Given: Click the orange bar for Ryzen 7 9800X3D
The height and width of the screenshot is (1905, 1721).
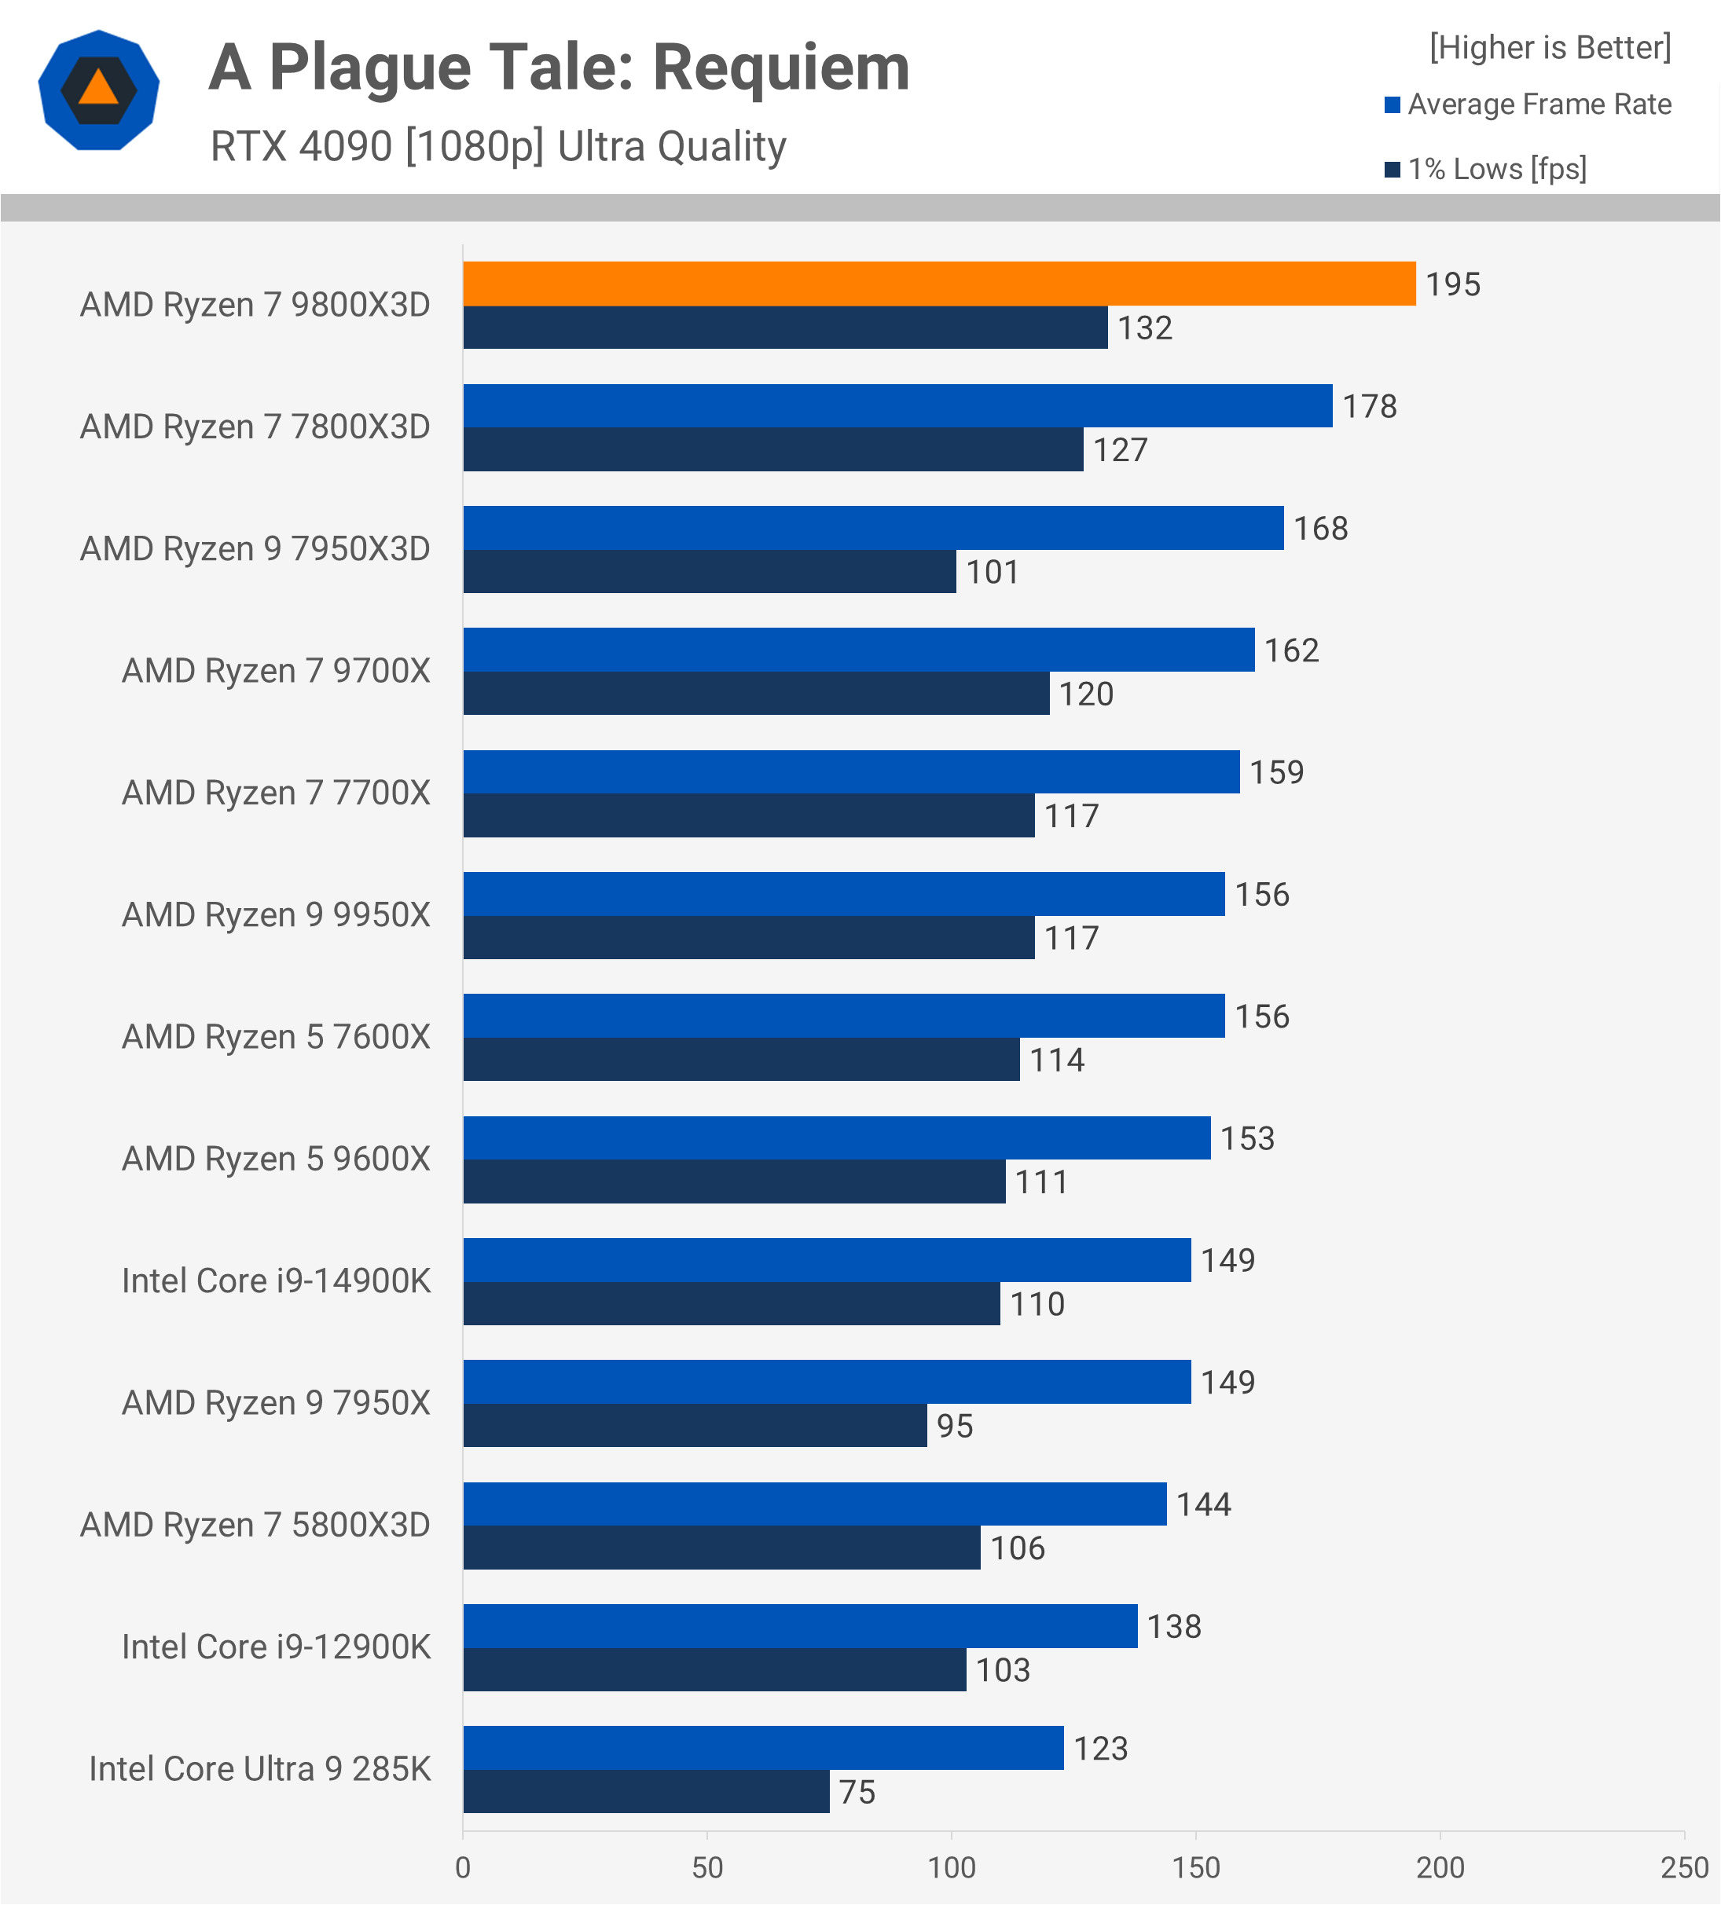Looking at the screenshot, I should [938, 284].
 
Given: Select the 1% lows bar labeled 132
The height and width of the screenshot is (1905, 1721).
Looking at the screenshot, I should [784, 328].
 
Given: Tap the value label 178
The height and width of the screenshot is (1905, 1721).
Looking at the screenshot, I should [1370, 406].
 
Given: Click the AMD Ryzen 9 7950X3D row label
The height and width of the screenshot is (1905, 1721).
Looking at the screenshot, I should [255, 549].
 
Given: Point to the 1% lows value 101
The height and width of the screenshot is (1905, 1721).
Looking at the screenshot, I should [993, 573].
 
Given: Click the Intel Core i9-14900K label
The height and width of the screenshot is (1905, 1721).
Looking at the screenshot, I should [276, 1281].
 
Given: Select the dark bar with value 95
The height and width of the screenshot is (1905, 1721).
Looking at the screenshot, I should [695, 1426].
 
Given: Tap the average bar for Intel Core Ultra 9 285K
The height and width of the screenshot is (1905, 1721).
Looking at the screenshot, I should [763, 1748].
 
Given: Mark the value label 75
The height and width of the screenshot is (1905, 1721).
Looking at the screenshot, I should [857, 1793].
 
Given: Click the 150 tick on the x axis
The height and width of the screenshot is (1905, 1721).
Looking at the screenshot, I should [1195, 1868].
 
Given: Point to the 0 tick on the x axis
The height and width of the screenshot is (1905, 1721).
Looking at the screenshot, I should [463, 1868].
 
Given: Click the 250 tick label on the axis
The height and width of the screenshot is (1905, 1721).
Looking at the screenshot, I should [1684, 1868].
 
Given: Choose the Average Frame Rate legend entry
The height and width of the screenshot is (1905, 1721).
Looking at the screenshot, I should [1539, 104].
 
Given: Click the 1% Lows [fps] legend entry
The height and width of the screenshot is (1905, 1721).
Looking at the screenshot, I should [1496, 169].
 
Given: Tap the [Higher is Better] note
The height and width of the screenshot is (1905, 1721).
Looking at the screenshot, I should [1550, 47].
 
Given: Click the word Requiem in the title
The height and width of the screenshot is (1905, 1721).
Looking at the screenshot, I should [780, 68].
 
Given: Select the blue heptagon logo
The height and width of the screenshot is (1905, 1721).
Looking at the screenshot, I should [98, 90].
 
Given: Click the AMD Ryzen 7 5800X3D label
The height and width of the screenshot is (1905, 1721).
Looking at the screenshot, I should [255, 1525].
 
